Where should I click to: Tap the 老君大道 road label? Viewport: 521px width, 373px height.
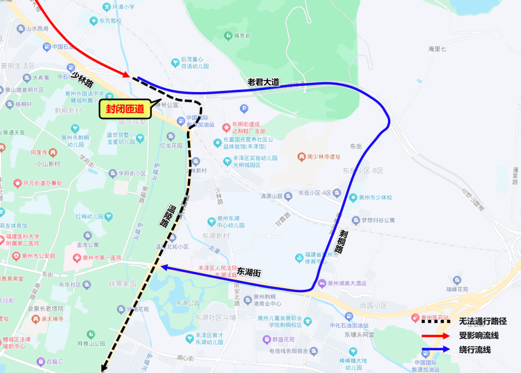pos(263,82)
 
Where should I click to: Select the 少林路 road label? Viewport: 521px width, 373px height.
pos(82,79)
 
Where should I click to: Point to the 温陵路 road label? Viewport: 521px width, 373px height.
pos(165,216)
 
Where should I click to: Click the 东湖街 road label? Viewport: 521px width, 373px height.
pos(249,272)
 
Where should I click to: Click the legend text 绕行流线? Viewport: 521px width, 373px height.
pos(475,350)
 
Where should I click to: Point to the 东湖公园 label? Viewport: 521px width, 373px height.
pos(188,303)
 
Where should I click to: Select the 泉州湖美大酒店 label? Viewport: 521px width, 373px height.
pos(347,283)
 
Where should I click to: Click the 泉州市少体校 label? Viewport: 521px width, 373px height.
pos(375,198)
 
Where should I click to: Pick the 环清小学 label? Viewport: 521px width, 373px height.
pos(123,7)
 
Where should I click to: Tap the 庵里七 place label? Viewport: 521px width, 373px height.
pos(437,49)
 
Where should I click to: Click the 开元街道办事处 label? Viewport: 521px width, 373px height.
pos(43,183)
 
